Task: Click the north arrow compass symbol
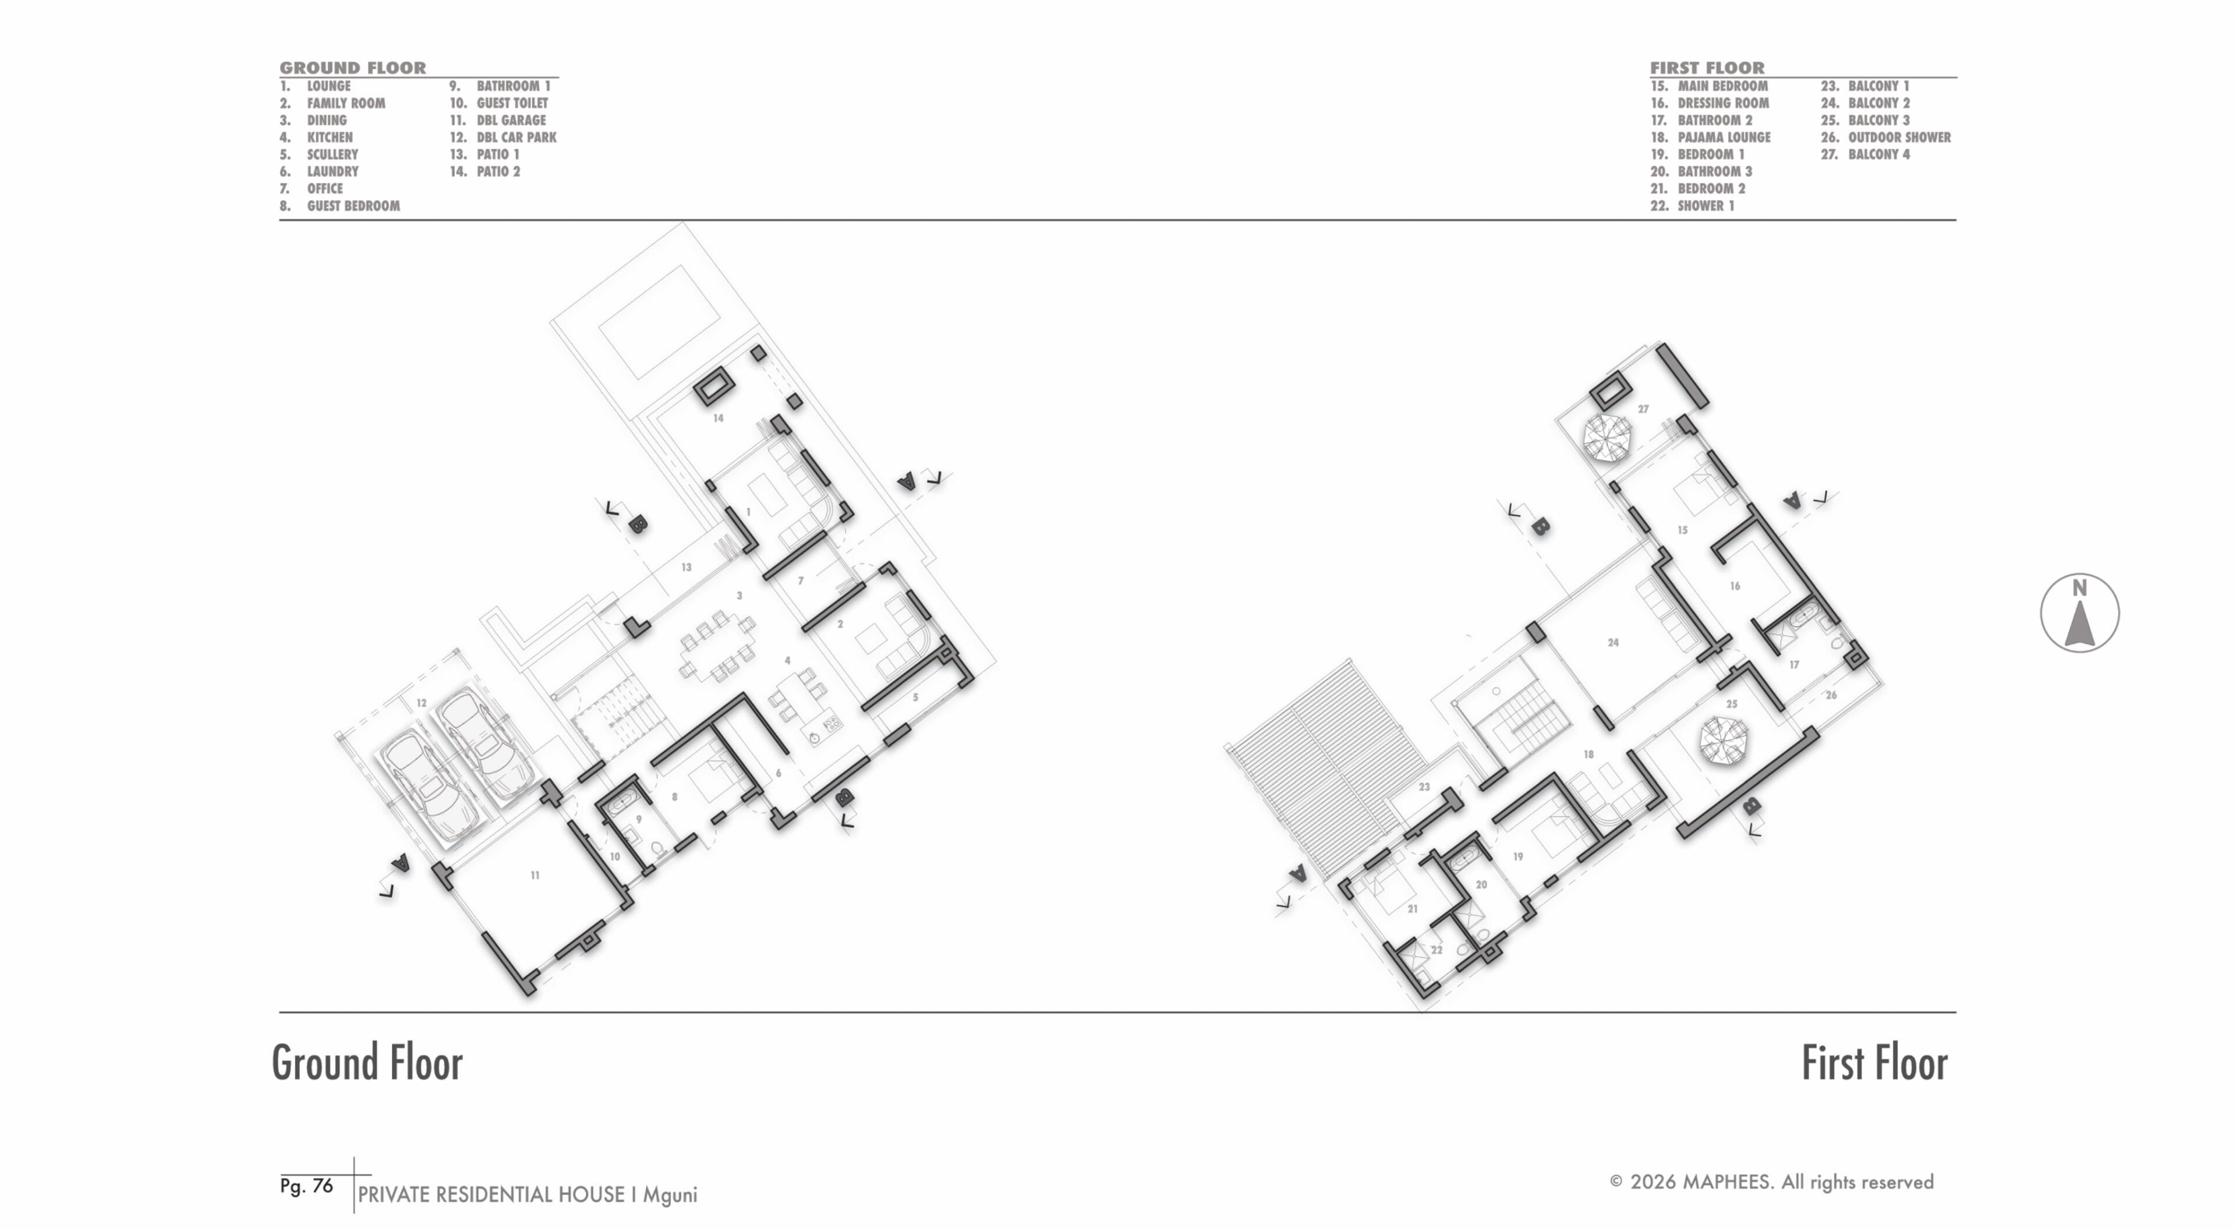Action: pyautogui.click(x=2079, y=613)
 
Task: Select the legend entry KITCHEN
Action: pyautogui.click(x=330, y=137)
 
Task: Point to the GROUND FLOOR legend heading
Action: pyautogui.click(x=352, y=68)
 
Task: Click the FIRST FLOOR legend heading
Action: pyautogui.click(x=1707, y=68)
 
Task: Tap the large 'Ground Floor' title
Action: pyautogui.click(x=367, y=1062)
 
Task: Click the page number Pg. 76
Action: pyautogui.click(x=306, y=1185)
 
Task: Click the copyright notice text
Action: pyautogui.click(x=1771, y=1182)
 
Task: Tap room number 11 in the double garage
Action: pyautogui.click(x=535, y=875)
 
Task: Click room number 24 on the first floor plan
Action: pyautogui.click(x=1613, y=642)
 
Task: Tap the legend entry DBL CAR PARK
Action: pyautogui.click(x=516, y=137)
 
